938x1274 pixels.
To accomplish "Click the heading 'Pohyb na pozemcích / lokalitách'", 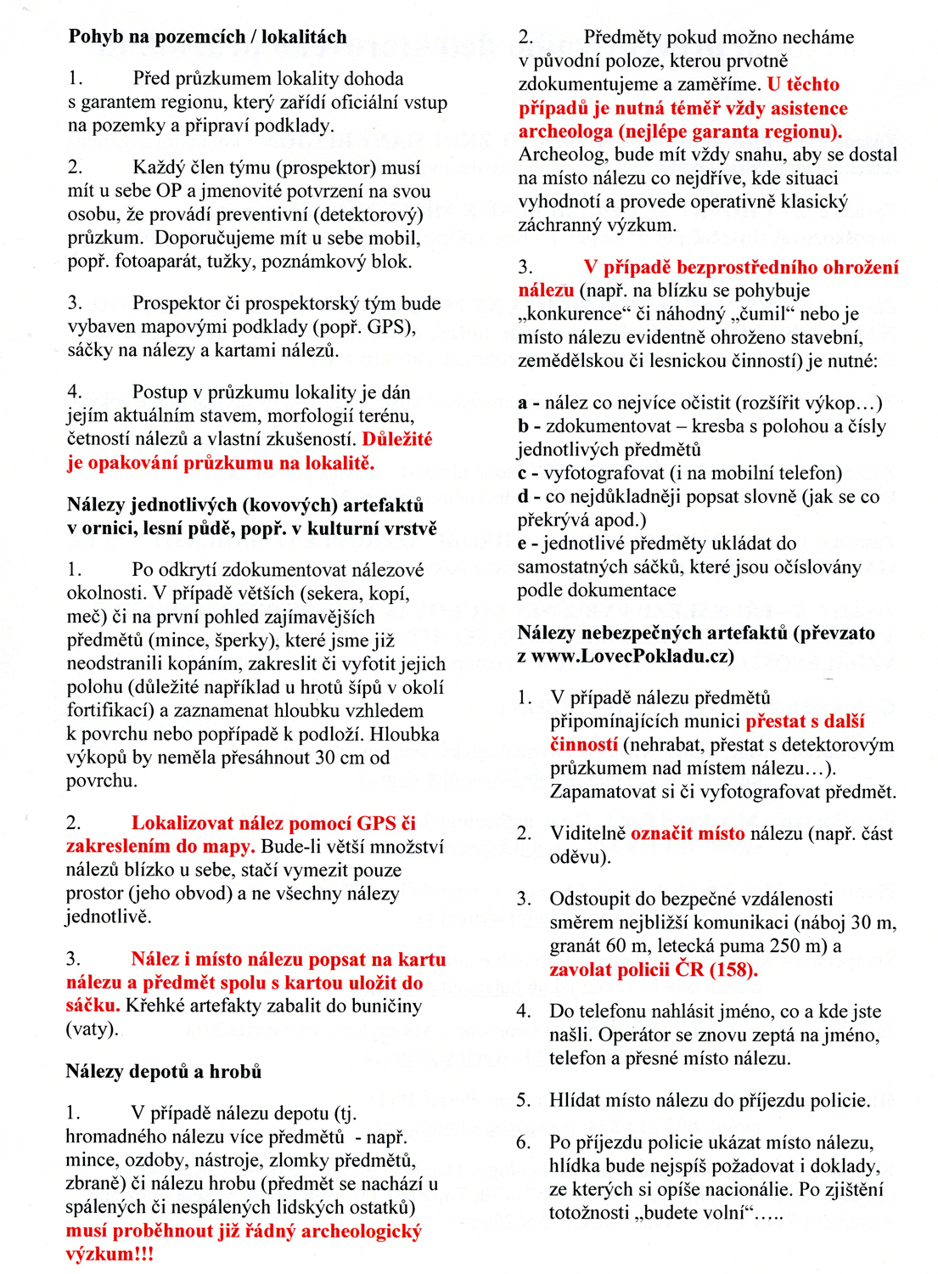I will (207, 37).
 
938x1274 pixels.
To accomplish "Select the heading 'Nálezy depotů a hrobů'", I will (163, 1071).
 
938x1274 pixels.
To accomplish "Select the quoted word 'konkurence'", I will (571, 314).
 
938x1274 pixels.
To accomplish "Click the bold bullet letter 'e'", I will (522, 544).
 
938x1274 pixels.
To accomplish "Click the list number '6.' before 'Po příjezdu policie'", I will (524, 1142).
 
